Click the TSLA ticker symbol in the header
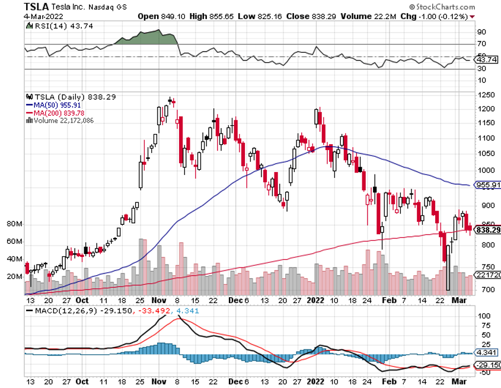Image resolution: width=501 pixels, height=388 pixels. [36, 7]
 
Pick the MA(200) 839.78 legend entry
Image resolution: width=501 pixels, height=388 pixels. [56, 113]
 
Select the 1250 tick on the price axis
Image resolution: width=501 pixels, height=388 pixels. [486, 96]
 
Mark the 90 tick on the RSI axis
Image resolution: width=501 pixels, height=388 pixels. [481, 32]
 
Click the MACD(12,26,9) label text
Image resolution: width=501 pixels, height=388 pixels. [59, 310]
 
